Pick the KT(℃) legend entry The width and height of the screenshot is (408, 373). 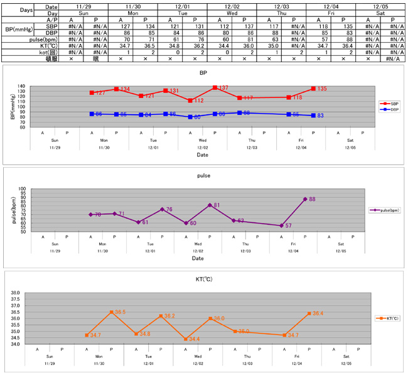coord(387,318)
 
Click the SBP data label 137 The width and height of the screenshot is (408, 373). coord(223,88)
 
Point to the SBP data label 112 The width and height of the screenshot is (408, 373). coord(199,100)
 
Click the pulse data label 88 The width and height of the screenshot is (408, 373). coord(312,199)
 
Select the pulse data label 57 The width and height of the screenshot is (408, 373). coord(288,225)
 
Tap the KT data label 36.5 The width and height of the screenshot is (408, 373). coord(120,312)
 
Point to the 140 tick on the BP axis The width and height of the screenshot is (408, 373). coord(21,86)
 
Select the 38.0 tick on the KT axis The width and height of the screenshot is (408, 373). coord(16,293)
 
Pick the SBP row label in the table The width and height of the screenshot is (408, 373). coord(36,26)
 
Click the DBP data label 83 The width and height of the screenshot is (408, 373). coord(320,116)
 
